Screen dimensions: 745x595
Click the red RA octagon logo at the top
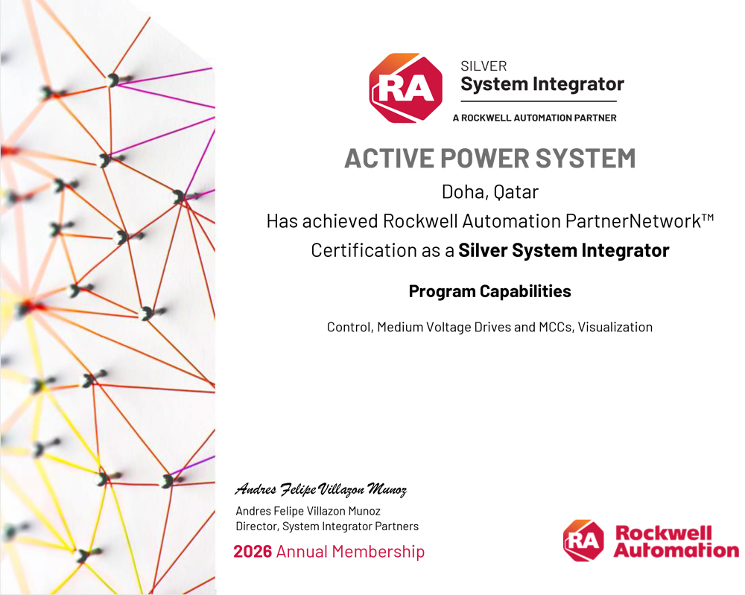[x=406, y=88]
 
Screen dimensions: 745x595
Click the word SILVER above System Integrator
[x=484, y=66]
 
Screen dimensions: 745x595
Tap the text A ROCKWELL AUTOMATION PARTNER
[x=534, y=118]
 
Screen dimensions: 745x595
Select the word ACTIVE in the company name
[x=389, y=159]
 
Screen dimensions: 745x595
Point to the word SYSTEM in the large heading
[x=586, y=159]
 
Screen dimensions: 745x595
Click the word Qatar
[x=516, y=192]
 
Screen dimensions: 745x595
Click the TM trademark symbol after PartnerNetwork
[x=708, y=218]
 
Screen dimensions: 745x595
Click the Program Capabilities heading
[x=490, y=291]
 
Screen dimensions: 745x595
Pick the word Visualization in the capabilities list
[x=615, y=327]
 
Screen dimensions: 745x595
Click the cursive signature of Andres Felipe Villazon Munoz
[x=321, y=489]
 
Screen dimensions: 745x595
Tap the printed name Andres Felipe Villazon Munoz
[x=308, y=511]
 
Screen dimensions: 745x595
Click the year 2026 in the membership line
[x=253, y=552]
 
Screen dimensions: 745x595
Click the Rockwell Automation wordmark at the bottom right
[x=676, y=541]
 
